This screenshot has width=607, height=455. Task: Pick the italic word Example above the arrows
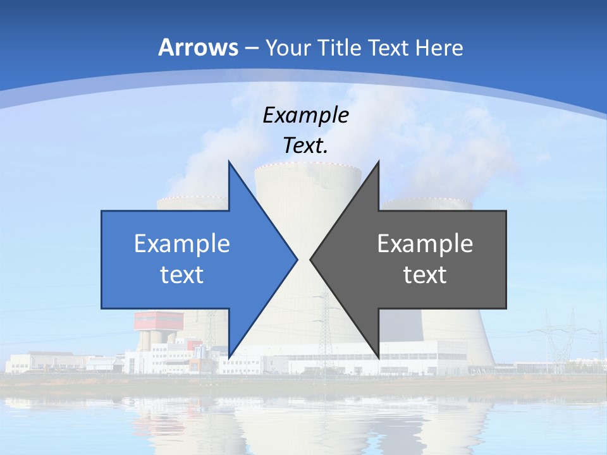(305, 115)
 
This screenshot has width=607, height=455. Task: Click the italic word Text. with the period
(305, 145)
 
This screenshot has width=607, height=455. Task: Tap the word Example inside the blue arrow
(182, 244)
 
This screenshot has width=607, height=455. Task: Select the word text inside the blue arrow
(182, 275)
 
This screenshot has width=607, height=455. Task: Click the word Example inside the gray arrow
(425, 244)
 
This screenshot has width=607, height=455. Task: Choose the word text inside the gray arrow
(425, 275)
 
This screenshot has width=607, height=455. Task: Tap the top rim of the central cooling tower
(308, 167)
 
